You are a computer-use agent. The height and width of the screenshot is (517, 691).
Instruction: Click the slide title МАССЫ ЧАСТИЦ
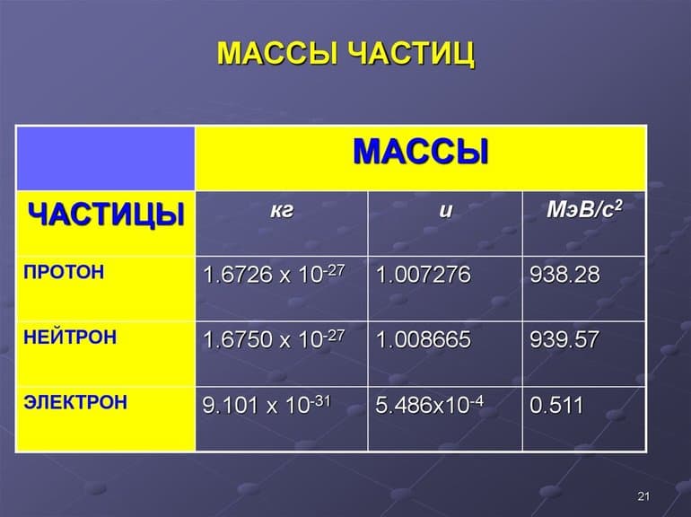[x=345, y=53]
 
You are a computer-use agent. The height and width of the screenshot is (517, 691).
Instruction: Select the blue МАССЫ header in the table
[x=420, y=151]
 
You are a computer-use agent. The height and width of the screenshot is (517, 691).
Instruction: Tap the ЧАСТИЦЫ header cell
[x=106, y=215]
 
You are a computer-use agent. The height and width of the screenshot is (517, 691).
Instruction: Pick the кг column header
[x=282, y=212]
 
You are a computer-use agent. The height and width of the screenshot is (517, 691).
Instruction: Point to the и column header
[x=445, y=212]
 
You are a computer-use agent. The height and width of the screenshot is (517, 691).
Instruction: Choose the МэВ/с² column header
[x=584, y=212]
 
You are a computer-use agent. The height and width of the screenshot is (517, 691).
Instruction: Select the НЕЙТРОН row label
[x=70, y=337]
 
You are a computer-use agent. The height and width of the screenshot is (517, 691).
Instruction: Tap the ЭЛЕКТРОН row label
[x=75, y=402]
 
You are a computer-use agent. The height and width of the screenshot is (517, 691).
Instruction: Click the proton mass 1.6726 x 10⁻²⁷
[x=274, y=275]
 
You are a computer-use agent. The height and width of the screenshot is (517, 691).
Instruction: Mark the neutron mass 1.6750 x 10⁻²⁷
[x=274, y=340]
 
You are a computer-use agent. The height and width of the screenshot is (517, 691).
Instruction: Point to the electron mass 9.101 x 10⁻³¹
[x=267, y=405]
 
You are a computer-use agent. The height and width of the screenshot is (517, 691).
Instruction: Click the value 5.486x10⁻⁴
[x=430, y=405]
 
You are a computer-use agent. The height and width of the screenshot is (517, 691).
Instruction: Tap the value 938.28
[x=564, y=275]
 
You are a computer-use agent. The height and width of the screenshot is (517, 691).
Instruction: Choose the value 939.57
[x=564, y=340]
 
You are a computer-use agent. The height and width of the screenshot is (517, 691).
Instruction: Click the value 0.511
[x=556, y=405]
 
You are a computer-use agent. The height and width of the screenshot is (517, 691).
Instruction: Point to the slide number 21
[x=642, y=496]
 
